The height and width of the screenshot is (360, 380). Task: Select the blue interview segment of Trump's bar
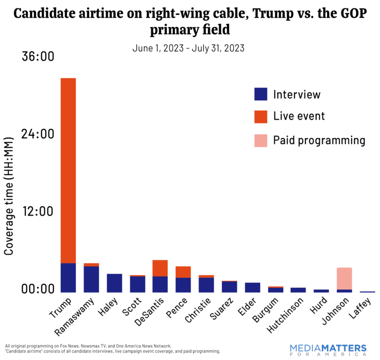pos(68,277)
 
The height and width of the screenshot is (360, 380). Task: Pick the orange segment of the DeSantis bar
pos(160,268)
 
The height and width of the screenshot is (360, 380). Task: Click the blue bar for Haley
pos(114,283)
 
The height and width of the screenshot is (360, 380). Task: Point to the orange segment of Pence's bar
pos(183,272)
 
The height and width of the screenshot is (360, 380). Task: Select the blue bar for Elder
pos(252,287)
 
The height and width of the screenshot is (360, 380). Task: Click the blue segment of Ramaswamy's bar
pos(91,279)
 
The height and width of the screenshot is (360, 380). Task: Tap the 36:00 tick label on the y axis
pos(37,56)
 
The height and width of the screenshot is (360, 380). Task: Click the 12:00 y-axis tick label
pos(37,211)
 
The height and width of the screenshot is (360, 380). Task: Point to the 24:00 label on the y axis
pos(37,134)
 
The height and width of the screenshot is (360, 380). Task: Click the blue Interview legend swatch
pos(261,94)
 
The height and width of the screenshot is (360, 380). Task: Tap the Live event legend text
pos(299,116)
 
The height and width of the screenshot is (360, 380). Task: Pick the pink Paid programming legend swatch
pos(261,140)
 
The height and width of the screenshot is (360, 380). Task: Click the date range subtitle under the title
pos(188,47)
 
